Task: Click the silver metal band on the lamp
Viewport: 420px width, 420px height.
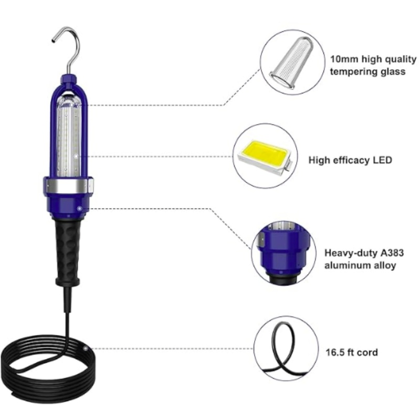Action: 68,185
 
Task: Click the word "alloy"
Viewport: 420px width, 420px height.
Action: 384,266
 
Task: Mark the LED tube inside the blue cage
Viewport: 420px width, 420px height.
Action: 69,139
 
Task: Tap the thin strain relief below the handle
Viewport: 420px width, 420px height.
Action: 68,299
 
